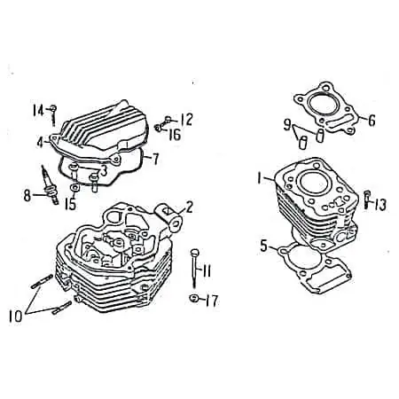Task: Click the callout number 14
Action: (x=38, y=111)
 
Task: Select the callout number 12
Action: (x=186, y=120)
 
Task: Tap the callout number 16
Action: (x=175, y=135)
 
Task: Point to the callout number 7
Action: (x=155, y=159)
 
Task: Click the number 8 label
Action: (x=27, y=195)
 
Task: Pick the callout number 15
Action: (x=71, y=204)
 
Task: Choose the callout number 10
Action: (x=15, y=317)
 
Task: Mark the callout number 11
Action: (x=206, y=270)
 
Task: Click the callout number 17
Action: (x=212, y=301)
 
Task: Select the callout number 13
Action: (x=380, y=205)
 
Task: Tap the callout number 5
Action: (x=263, y=246)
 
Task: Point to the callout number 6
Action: (x=372, y=121)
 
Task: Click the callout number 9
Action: (x=287, y=124)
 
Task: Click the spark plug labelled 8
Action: (x=50, y=184)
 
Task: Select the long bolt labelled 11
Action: (x=194, y=268)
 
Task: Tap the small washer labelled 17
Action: (x=194, y=298)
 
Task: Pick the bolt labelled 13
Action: (x=367, y=199)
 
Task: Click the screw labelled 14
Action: (x=53, y=115)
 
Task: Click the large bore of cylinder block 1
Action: (x=314, y=184)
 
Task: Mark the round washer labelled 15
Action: (x=74, y=187)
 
